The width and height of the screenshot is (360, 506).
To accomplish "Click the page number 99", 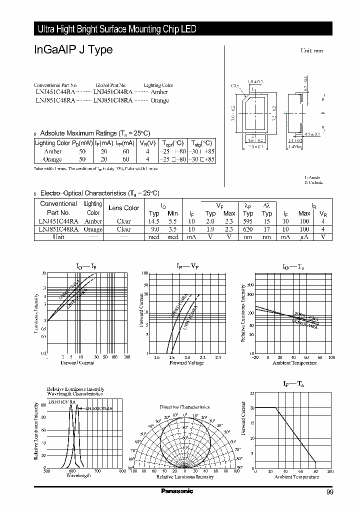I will [x=329, y=493].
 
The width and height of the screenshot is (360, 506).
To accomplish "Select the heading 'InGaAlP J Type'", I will [x=73, y=49].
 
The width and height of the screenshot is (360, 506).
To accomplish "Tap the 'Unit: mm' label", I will [x=311, y=51].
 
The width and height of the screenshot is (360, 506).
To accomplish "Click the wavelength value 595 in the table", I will [x=248, y=221].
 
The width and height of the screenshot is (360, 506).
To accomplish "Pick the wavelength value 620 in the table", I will [x=248, y=229].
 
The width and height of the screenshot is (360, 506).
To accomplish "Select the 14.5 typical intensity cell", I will [x=153, y=221].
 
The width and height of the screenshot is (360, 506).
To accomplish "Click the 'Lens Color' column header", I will [x=124, y=208].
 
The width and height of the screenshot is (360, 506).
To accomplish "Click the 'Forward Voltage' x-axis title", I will [x=186, y=362].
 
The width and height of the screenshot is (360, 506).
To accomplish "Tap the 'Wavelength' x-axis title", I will [x=78, y=475].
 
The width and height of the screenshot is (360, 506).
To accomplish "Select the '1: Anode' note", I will [x=312, y=177].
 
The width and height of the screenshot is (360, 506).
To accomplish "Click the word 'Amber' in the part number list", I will [x=159, y=92].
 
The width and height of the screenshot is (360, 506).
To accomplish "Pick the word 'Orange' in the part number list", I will [x=159, y=100].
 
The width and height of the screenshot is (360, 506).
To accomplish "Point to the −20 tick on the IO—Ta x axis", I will [x=255, y=357].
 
